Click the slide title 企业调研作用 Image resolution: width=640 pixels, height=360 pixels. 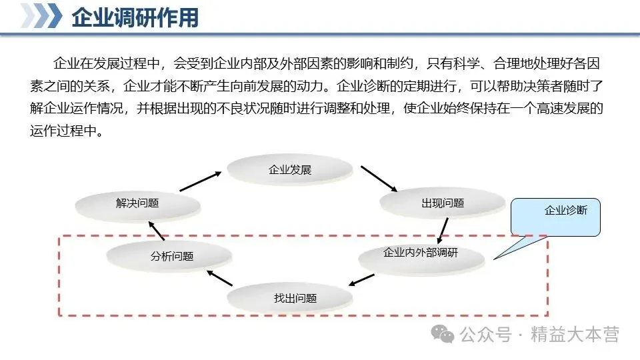[x=135, y=17]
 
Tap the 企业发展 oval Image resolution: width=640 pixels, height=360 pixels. [x=290, y=170]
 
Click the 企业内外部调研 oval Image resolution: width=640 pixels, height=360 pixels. [x=421, y=254]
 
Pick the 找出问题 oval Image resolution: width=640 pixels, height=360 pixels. [x=295, y=298]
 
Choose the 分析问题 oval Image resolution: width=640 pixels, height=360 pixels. [x=172, y=256]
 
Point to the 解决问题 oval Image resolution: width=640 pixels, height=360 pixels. [x=137, y=203]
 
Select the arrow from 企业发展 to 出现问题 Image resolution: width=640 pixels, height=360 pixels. [x=379, y=178]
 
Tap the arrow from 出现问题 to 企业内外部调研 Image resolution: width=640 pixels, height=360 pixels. [x=442, y=230]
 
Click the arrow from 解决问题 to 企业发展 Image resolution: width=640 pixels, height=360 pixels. [x=200, y=181]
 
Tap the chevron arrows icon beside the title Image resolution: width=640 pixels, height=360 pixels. [x=41, y=16]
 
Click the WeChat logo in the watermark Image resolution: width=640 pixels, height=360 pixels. [x=443, y=333]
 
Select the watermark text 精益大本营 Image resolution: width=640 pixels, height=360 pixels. [x=575, y=335]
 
